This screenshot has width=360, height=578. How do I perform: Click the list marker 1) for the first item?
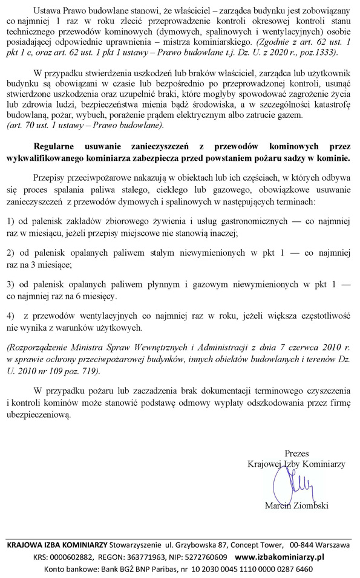click(10, 221)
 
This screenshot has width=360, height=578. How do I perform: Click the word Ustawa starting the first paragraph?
click(48, 11)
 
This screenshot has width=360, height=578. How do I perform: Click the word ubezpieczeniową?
click(38, 415)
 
